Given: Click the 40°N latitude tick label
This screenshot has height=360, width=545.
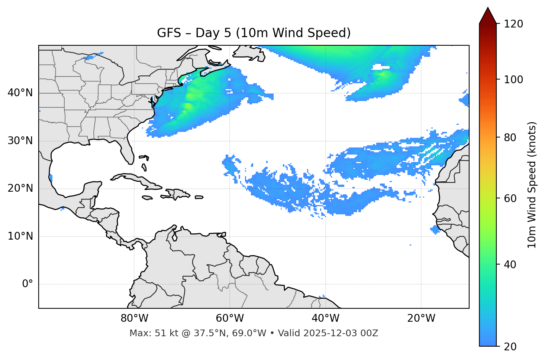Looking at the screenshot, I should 20,93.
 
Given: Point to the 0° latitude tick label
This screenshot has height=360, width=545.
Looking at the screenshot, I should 28,284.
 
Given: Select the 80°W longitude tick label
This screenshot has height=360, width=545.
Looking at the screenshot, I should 134,318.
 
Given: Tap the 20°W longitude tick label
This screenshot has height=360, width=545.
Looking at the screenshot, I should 421,318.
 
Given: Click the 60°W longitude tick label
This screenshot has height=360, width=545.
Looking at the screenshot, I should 230,318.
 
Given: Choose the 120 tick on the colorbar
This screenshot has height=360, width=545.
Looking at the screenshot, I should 513,24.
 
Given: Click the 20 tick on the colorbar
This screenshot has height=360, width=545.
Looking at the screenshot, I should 511,346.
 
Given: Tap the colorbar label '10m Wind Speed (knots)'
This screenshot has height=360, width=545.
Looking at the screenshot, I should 532,185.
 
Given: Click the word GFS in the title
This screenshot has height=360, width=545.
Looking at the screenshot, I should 169,33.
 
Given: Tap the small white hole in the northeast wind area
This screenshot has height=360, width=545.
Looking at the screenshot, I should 381,67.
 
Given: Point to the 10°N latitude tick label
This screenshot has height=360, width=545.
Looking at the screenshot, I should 20,236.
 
